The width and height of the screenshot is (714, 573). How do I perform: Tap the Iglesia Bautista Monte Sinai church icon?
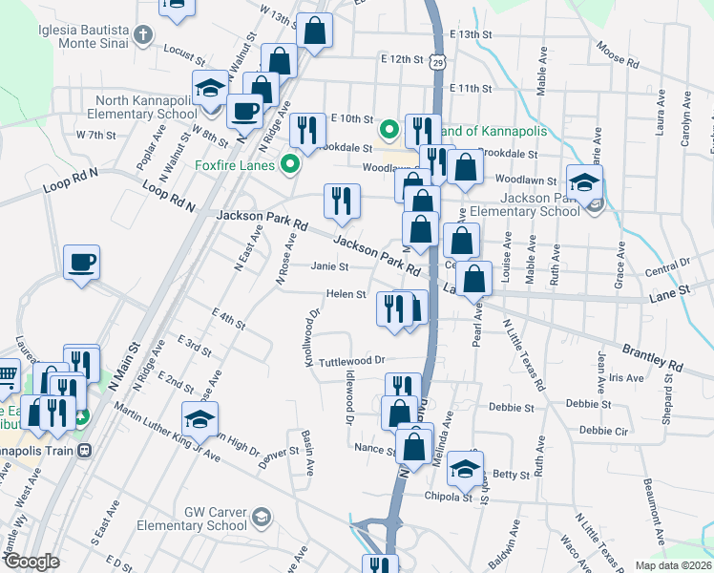pyautogui.click(x=143, y=36)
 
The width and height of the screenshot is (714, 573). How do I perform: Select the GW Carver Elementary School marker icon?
pyautogui.click(x=260, y=519)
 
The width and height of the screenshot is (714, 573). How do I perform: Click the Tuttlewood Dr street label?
pyautogui.click(x=351, y=360)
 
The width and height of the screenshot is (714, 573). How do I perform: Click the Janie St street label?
pyautogui.click(x=327, y=267)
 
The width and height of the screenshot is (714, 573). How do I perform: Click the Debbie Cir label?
pyautogui.click(x=602, y=431)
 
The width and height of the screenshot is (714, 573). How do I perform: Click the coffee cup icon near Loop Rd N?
pyautogui.click(x=81, y=261)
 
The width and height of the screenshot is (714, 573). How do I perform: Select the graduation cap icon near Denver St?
pyautogui.click(x=199, y=418)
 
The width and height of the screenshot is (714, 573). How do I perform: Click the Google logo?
pyautogui.click(x=31, y=562)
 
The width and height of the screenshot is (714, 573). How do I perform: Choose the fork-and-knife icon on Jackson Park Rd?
pyautogui.click(x=342, y=201)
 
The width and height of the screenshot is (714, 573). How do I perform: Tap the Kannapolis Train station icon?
pyautogui.click(x=85, y=450)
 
